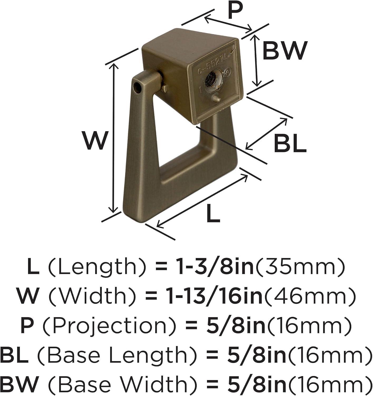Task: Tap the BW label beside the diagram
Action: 284,50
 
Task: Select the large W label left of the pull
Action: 95,140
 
